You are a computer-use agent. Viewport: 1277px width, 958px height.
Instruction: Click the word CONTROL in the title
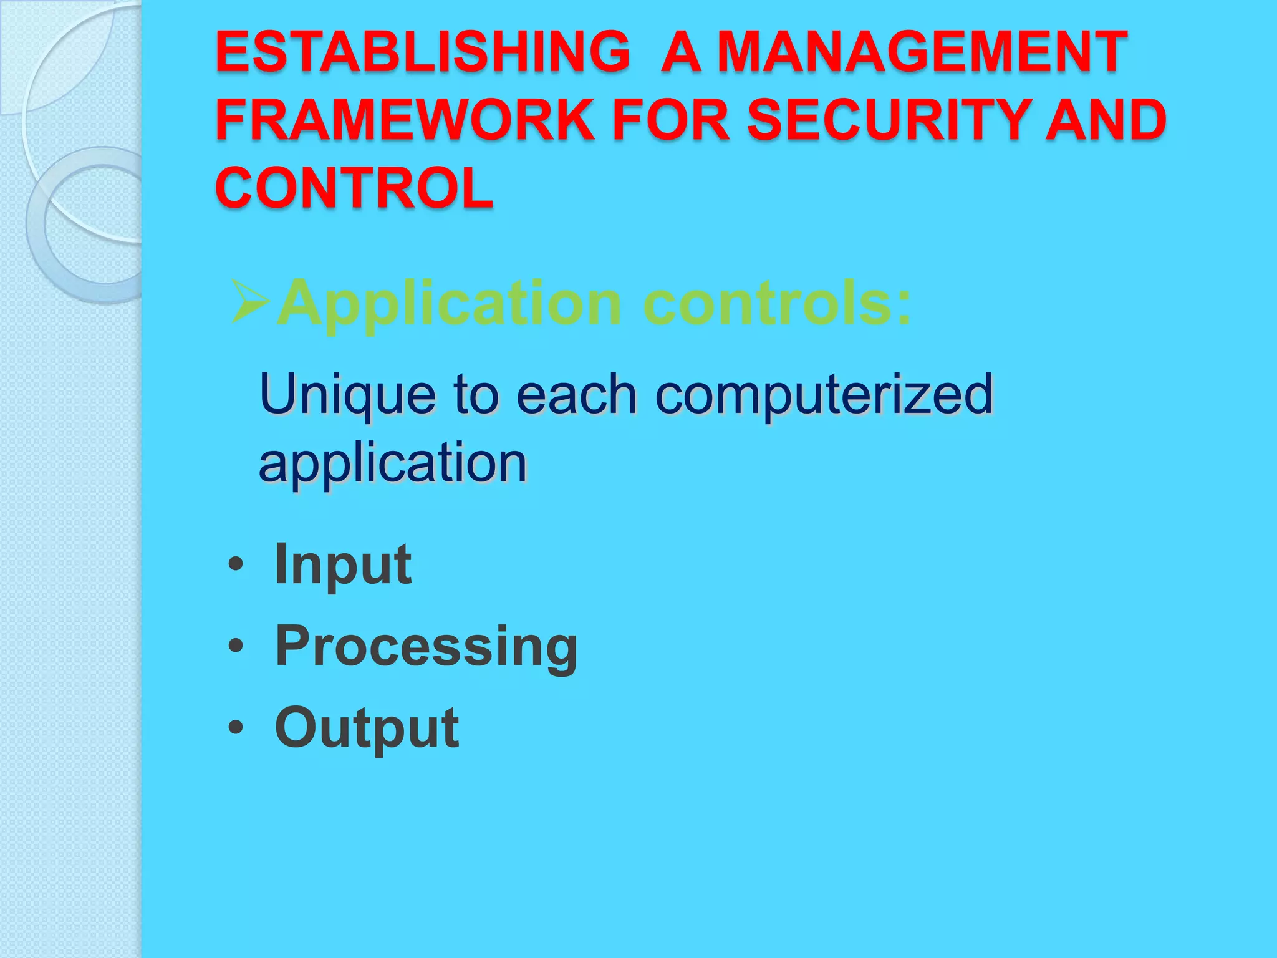(x=354, y=188)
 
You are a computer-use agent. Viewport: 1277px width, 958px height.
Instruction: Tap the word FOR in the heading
(x=671, y=120)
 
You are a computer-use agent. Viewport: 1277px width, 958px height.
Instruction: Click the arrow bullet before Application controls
(x=250, y=303)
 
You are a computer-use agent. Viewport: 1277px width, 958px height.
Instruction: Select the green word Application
(x=449, y=304)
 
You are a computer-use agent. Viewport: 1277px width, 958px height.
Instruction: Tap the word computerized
(x=824, y=395)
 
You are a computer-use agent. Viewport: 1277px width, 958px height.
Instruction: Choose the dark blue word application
(x=393, y=464)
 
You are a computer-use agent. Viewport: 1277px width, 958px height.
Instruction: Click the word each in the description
(x=576, y=394)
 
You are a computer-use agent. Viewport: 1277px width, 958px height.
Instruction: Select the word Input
(x=343, y=565)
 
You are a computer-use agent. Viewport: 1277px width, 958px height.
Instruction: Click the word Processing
(x=426, y=647)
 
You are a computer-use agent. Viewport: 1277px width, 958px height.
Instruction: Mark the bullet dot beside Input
(x=235, y=565)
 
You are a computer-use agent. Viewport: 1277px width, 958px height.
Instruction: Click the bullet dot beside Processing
(x=235, y=646)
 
